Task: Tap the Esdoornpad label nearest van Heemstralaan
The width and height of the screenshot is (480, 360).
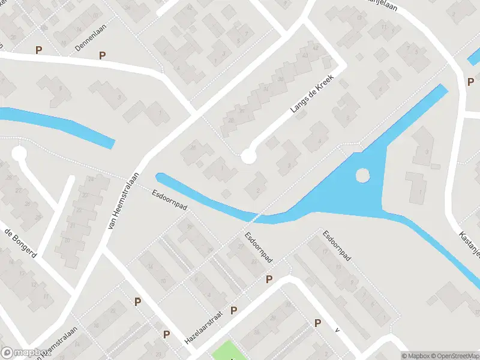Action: (170, 200)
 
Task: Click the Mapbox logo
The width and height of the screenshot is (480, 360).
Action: (26, 353)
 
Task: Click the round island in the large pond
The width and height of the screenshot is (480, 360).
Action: (362, 175)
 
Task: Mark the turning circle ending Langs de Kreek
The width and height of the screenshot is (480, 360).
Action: (248, 157)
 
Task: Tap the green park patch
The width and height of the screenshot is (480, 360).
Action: (224, 351)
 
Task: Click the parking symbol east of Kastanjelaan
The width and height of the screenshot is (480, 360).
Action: (471, 82)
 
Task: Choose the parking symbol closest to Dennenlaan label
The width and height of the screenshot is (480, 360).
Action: (103, 55)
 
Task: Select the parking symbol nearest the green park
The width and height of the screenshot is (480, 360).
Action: (234, 310)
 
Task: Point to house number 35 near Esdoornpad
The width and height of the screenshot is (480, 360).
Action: (190, 227)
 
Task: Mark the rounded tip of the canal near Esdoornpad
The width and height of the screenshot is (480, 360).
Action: (160, 176)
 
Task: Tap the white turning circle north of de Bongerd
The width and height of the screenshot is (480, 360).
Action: (19, 154)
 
